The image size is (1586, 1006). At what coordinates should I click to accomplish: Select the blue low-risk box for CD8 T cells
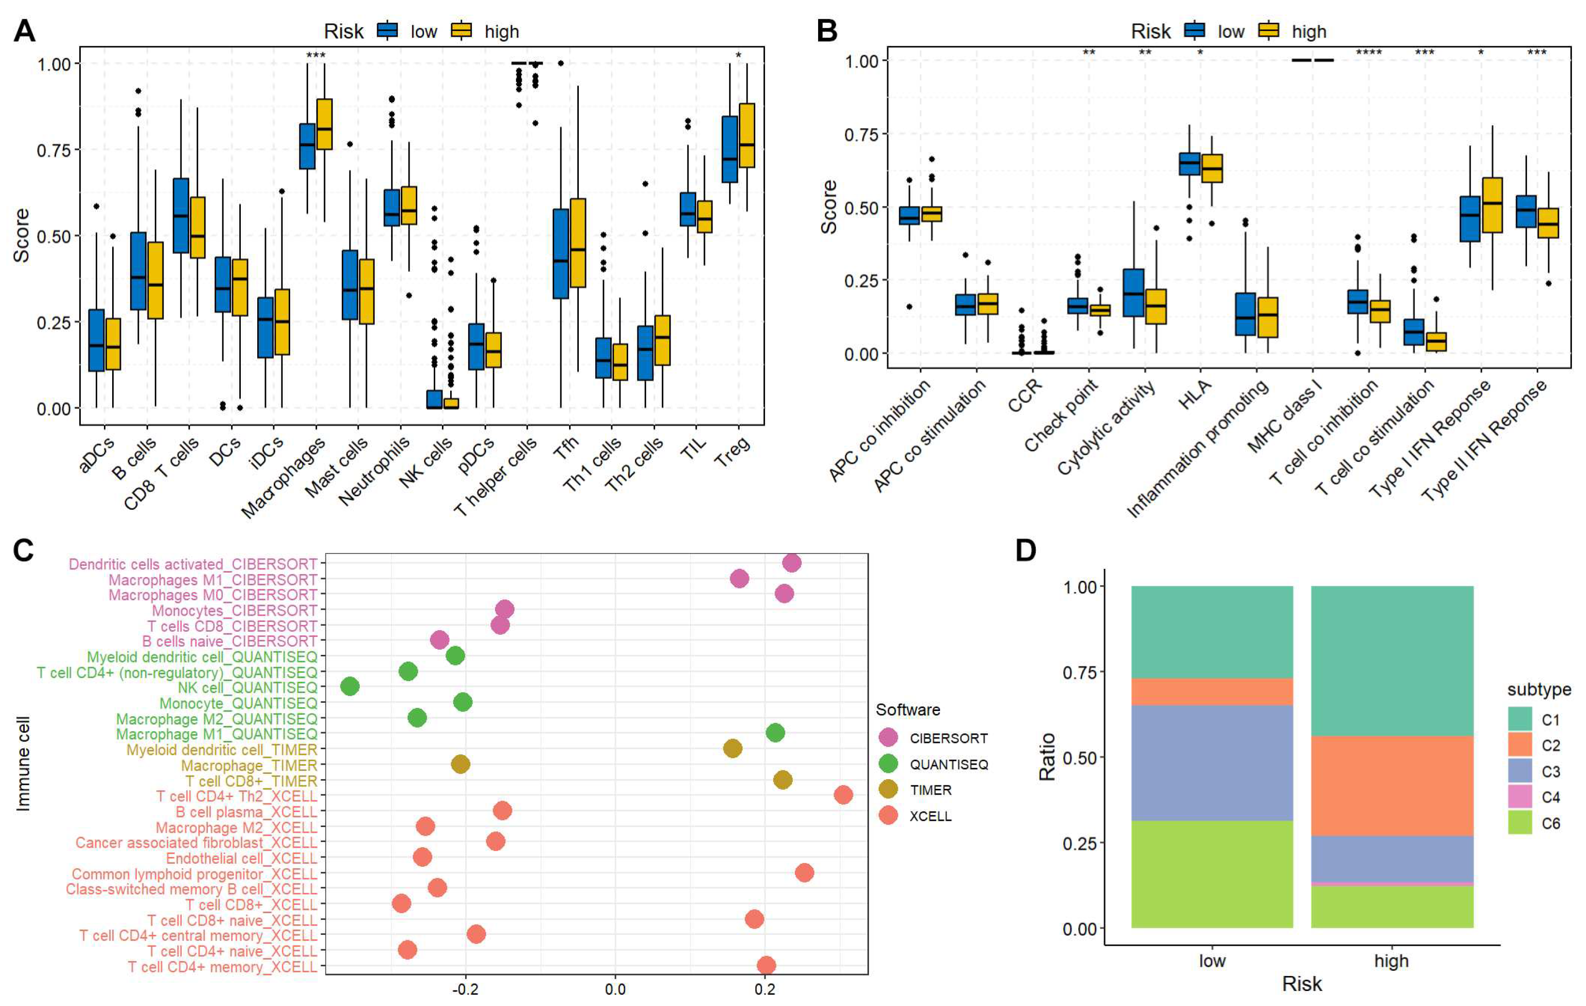coord(180,215)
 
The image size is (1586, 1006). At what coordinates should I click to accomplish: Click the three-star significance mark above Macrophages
coord(316,55)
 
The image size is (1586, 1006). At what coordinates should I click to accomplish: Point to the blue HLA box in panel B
coord(1189,163)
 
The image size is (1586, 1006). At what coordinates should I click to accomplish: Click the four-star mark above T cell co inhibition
coord(1368,53)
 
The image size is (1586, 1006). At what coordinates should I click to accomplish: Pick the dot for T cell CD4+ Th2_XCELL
coord(843,795)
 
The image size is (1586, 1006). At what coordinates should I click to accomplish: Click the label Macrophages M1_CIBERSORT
coord(213,580)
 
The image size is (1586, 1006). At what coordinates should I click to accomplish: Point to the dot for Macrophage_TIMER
coord(460,764)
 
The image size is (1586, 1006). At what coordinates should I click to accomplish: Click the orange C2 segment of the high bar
coord(1392,785)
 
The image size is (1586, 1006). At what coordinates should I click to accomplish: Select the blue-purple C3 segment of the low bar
coord(1212,763)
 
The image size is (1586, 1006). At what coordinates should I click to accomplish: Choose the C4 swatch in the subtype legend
coord(1519,797)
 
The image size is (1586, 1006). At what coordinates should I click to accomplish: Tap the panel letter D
coord(1026,550)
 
